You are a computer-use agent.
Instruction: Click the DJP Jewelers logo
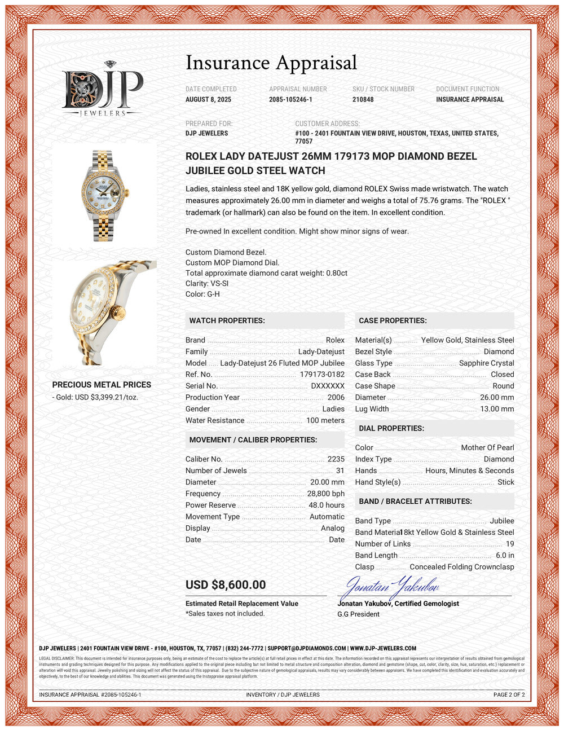[x=102, y=90]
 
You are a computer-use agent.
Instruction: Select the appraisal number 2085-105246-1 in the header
[x=290, y=99]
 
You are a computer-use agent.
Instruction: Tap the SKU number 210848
[x=363, y=99]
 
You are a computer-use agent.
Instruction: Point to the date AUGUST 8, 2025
[x=208, y=99]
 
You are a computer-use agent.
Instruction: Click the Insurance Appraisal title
[x=271, y=63]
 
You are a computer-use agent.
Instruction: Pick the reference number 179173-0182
[x=321, y=375]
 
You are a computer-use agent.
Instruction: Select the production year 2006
[x=336, y=397]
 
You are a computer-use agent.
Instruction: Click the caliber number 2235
[x=336, y=459]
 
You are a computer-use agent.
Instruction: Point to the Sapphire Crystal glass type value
[x=486, y=363]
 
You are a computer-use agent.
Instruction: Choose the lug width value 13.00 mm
[x=496, y=409]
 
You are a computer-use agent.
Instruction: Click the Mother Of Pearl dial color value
[x=487, y=448]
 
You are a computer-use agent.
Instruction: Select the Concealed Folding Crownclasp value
[x=461, y=567]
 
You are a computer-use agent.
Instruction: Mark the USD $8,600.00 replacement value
[x=226, y=585]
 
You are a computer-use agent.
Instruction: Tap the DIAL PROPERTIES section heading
[x=391, y=428]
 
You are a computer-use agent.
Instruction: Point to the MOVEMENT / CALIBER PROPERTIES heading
[x=253, y=440]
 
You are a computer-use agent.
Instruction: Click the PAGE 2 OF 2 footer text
[x=509, y=694]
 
